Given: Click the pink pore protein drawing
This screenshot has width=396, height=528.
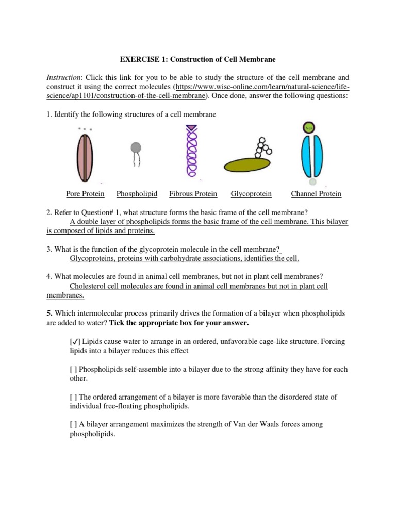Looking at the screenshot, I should coord(84,158).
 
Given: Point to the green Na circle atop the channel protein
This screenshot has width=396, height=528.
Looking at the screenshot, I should coord(310,127).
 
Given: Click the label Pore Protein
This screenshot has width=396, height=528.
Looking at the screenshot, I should coord(85,194).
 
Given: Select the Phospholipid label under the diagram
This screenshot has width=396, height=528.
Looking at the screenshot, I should coord(137,194).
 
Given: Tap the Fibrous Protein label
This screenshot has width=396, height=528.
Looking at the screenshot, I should coord(193,194).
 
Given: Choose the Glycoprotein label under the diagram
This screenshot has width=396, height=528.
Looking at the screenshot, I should coord(251,194).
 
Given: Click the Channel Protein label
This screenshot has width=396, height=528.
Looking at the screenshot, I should coord(316,194).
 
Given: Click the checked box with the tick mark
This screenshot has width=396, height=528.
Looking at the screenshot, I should coord(74,342).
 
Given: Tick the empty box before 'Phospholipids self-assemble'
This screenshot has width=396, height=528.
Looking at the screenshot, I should coord(73,370).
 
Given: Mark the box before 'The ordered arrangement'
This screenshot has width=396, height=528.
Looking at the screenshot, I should coord(73,397).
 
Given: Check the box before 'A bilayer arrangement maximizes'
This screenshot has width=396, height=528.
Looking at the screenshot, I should coord(73,424).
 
